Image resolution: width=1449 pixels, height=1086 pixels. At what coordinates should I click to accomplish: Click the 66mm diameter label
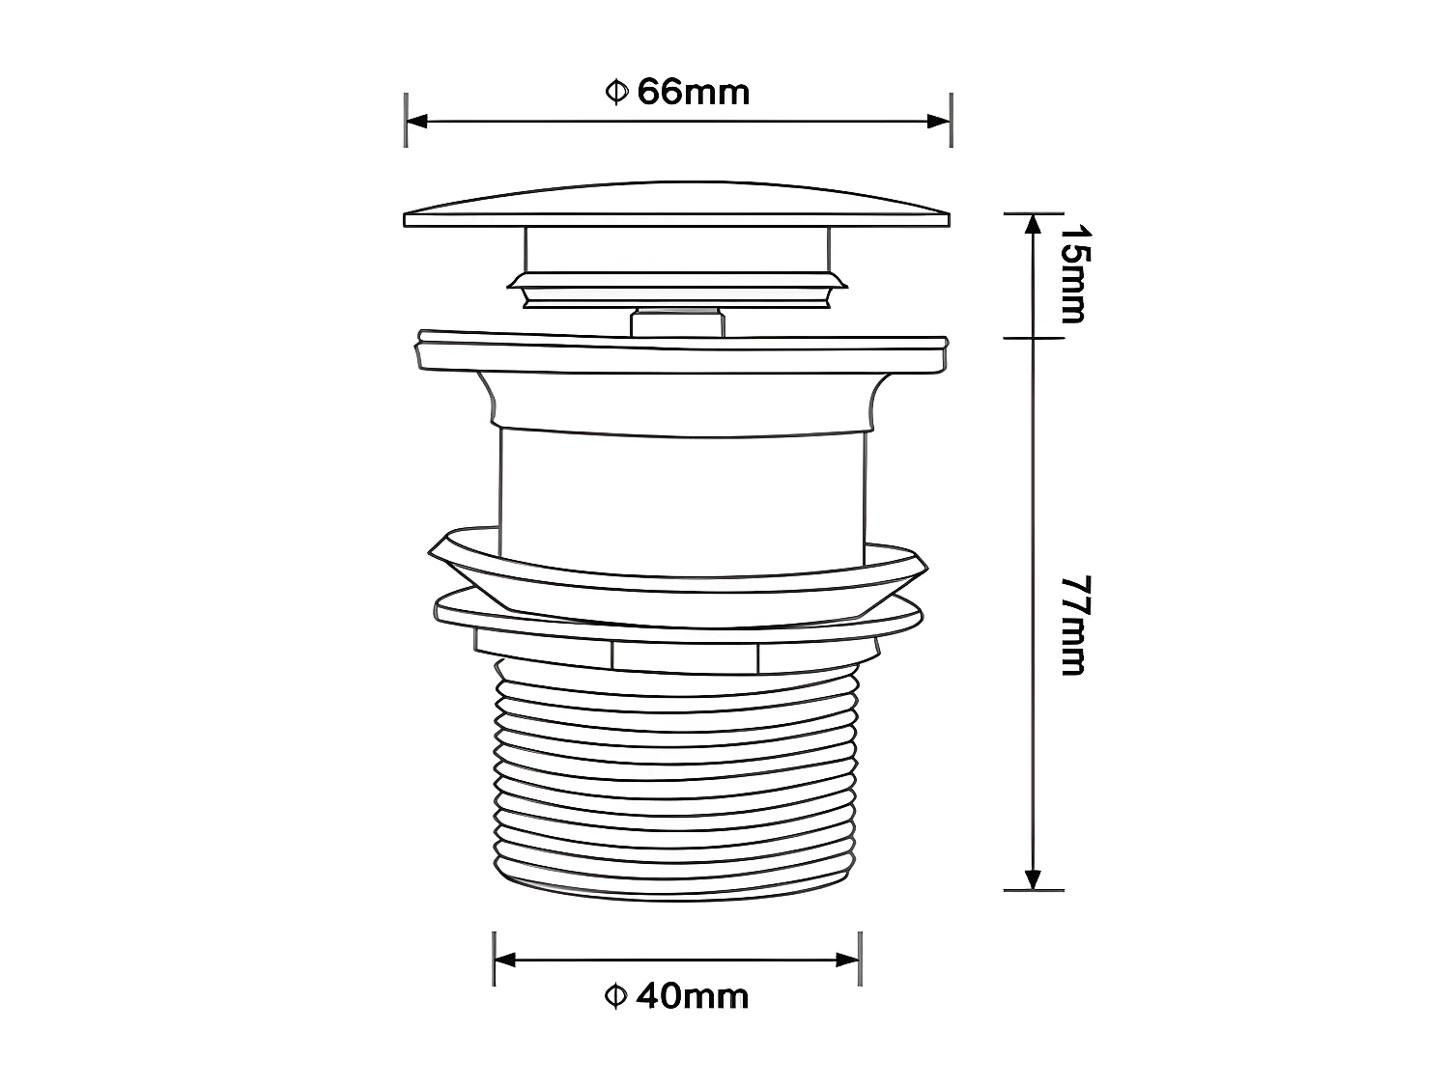click(x=677, y=93)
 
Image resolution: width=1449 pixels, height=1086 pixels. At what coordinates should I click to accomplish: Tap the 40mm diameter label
click(x=676, y=995)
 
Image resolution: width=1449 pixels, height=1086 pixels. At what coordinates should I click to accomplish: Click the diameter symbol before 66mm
click(x=616, y=93)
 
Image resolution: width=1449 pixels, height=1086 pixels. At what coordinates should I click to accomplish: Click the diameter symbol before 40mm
click(x=615, y=995)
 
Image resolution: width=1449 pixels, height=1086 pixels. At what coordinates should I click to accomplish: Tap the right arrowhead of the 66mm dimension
click(x=939, y=121)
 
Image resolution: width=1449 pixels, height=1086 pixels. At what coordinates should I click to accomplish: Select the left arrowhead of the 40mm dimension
click(x=505, y=960)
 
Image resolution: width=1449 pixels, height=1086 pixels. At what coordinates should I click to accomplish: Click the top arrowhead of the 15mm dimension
click(x=1033, y=224)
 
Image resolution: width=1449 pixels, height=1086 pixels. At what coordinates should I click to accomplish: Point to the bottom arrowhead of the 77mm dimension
click(x=1033, y=878)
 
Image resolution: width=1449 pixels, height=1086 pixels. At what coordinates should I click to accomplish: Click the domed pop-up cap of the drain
click(x=676, y=206)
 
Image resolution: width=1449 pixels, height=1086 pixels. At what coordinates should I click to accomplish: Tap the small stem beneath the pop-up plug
click(x=676, y=321)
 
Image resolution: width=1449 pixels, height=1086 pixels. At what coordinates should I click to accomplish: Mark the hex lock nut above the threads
click(x=676, y=654)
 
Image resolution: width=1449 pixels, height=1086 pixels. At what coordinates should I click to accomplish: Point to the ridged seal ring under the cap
click(x=676, y=286)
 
